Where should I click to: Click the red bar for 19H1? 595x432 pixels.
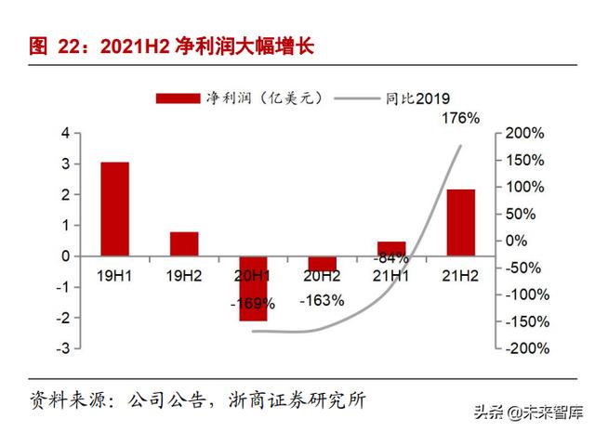coord(115,209)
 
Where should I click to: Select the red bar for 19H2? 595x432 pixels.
coord(184,243)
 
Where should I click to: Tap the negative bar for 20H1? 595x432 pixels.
coord(253,288)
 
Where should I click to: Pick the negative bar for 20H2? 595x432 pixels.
coord(322,263)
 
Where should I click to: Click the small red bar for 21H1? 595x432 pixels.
coord(391,248)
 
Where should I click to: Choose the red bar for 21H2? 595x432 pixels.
coord(460,222)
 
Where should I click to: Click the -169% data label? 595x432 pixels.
coord(253,303)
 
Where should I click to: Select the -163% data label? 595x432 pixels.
coord(322,300)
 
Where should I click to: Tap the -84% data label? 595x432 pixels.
coord(390,257)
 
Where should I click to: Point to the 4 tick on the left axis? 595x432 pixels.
coord(65,134)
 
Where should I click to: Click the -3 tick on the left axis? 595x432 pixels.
coord(62,347)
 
